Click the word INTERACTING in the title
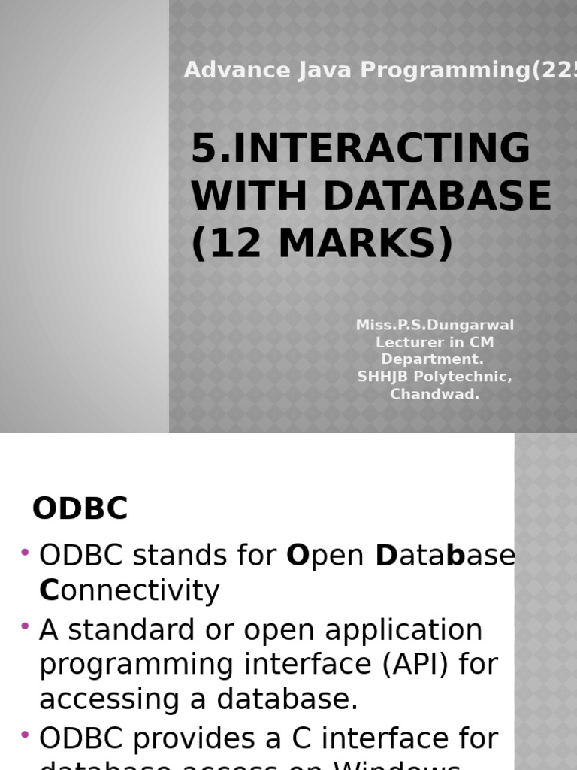click(x=381, y=148)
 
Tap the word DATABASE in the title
click(x=438, y=196)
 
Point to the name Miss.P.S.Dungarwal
click(x=435, y=325)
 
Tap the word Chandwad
click(x=435, y=394)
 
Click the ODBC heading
click(x=80, y=509)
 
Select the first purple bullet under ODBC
click(x=26, y=553)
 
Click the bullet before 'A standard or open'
click(x=26, y=626)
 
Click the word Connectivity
click(x=129, y=591)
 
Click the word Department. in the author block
click(x=433, y=359)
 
